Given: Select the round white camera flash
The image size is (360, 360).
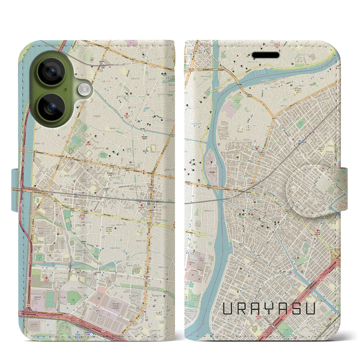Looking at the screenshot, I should [x=84, y=90].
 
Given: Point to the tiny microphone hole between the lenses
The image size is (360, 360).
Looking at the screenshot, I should [x=65, y=90].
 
